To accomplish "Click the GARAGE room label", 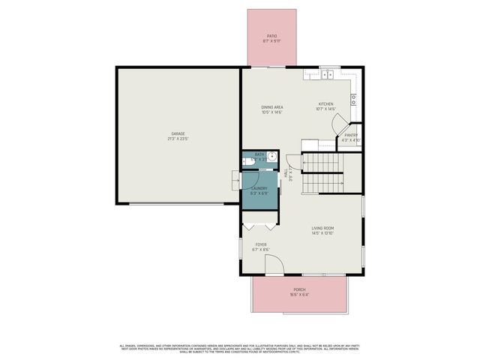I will tap(177, 133).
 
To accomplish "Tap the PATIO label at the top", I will tap(272, 36).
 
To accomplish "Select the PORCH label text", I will tap(299, 289).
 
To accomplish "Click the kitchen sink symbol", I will tap(328, 74).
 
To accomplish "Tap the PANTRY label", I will tap(351, 135).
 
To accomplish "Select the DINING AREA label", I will tap(271, 106).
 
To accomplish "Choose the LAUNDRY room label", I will tap(259, 188).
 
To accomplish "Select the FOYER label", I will tap(261, 244).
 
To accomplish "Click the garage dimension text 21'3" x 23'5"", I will tap(177, 139).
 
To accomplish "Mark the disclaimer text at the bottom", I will tap(240, 348).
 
